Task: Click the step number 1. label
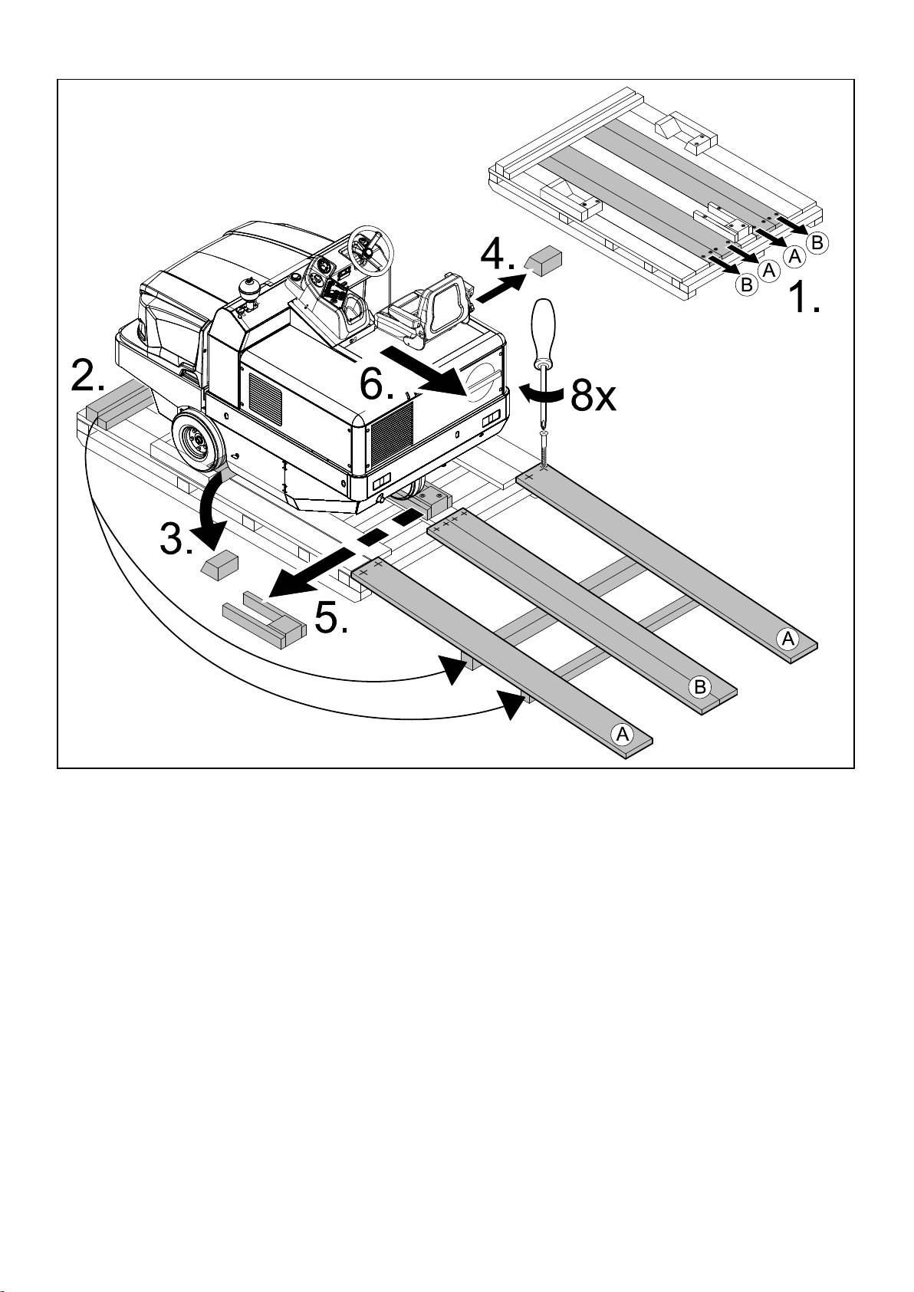click(x=806, y=298)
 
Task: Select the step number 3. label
click(x=177, y=541)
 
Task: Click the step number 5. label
click(x=332, y=618)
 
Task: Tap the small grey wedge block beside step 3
click(x=219, y=566)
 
